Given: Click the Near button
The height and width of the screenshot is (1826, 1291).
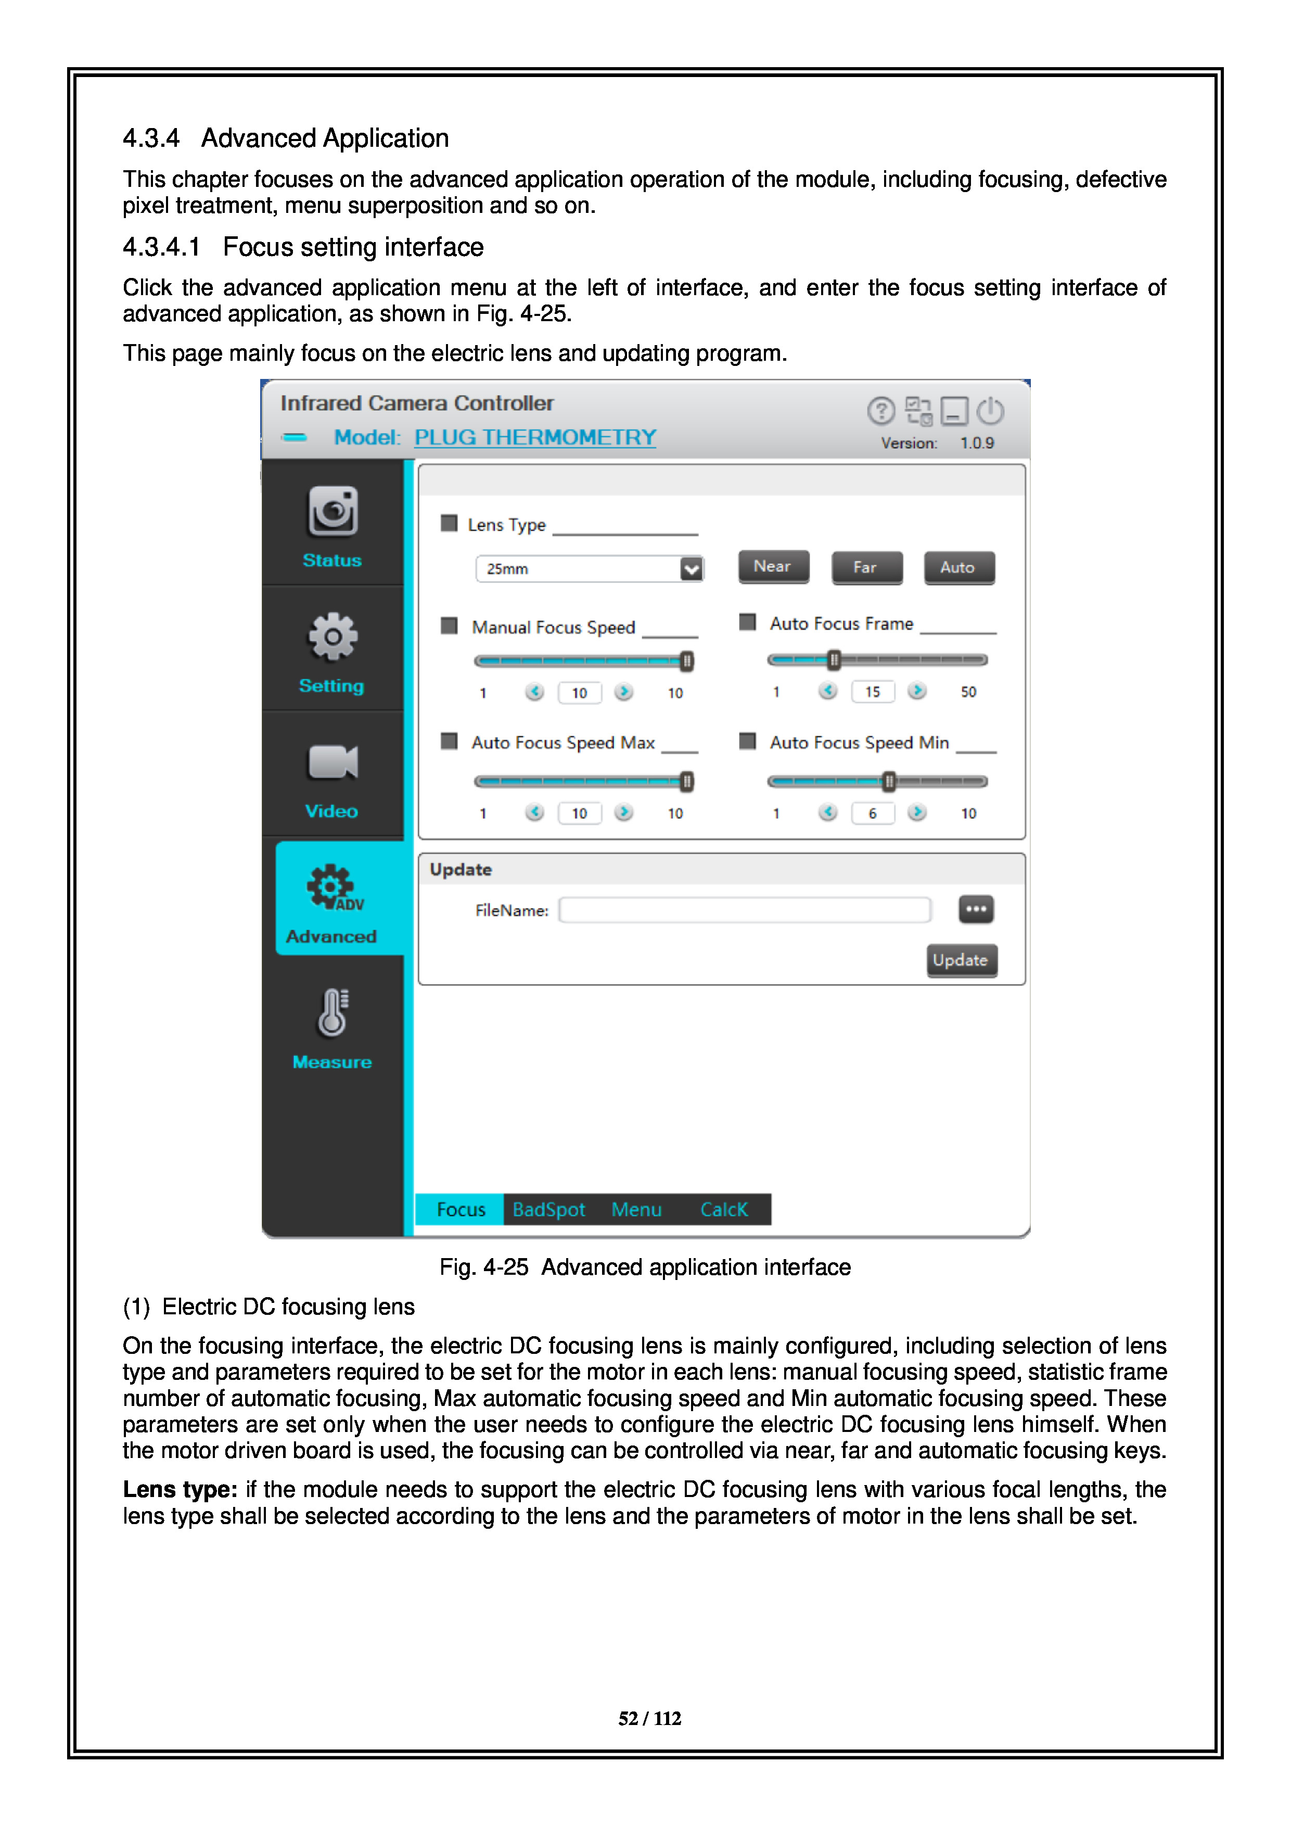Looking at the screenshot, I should click(773, 567).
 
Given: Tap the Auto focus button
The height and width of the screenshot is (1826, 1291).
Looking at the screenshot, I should click(958, 568).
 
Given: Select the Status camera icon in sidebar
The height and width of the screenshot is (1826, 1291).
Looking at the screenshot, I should click(333, 511).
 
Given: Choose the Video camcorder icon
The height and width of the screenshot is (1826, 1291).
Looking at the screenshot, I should click(333, 762).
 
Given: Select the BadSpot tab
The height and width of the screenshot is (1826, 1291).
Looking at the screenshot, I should click(548, 1210).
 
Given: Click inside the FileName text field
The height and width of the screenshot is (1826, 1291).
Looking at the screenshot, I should click(744, 910).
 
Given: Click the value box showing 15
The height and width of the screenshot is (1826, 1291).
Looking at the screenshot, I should click(872, 692).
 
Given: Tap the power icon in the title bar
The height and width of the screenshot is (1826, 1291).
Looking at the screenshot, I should click(991, 411).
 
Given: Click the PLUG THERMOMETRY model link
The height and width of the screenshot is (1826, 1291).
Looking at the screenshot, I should click(535, 437).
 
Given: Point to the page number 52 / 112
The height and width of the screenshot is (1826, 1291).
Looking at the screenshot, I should click(649, 1719).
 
